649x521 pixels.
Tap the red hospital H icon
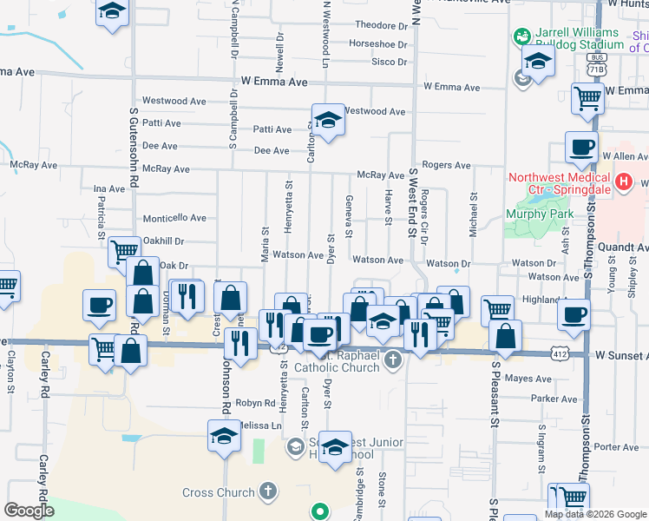point(622,183)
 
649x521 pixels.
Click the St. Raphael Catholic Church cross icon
point(393,359)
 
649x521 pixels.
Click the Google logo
point(29,511)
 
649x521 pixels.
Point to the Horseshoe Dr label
point(377,44)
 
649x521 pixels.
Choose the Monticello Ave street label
point(174,218)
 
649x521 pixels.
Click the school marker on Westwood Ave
point(329,121)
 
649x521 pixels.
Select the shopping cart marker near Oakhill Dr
point(124,252)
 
